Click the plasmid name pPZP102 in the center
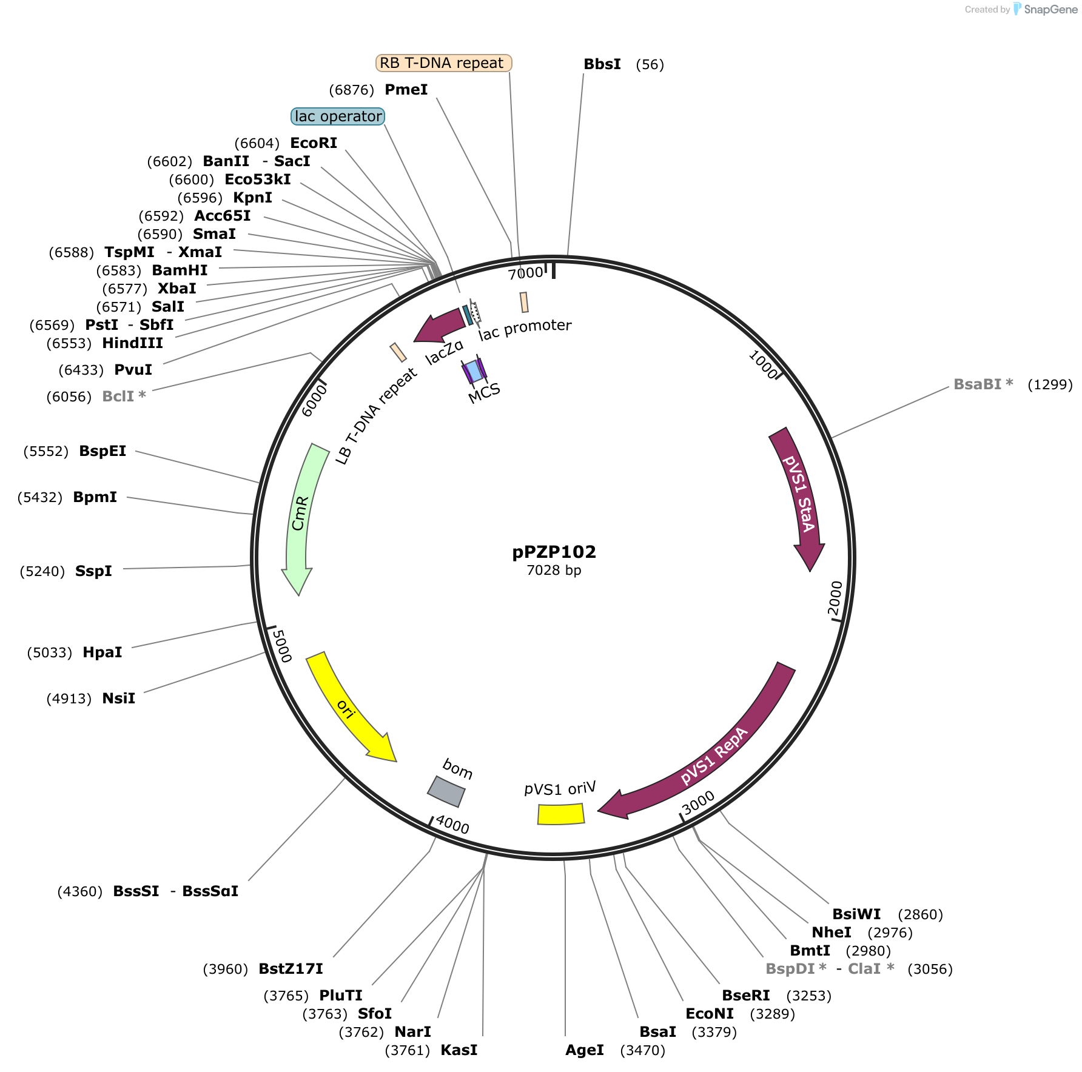click(554, 552)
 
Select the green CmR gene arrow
click(298, 515)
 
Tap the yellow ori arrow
click(346, 707)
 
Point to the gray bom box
click(446, 791)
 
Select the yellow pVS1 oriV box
click(561, 814)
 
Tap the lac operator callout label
click(338, 116)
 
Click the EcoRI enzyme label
click(314, 143)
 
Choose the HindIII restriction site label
click(132, 343)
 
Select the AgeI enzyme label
click(585, 1050)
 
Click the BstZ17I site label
click(291, 969)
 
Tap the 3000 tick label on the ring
click(699, 803)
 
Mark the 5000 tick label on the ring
click(281, 646)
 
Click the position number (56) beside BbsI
click(650, 65)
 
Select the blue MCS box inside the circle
click(474, 371)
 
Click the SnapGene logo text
click(1050, 10)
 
